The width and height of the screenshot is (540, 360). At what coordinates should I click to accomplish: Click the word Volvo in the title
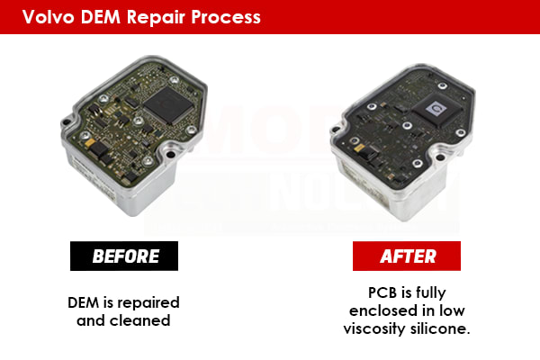48,16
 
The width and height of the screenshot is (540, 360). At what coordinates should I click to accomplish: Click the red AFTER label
409,256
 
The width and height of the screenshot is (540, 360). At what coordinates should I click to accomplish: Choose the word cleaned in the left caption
149,319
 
